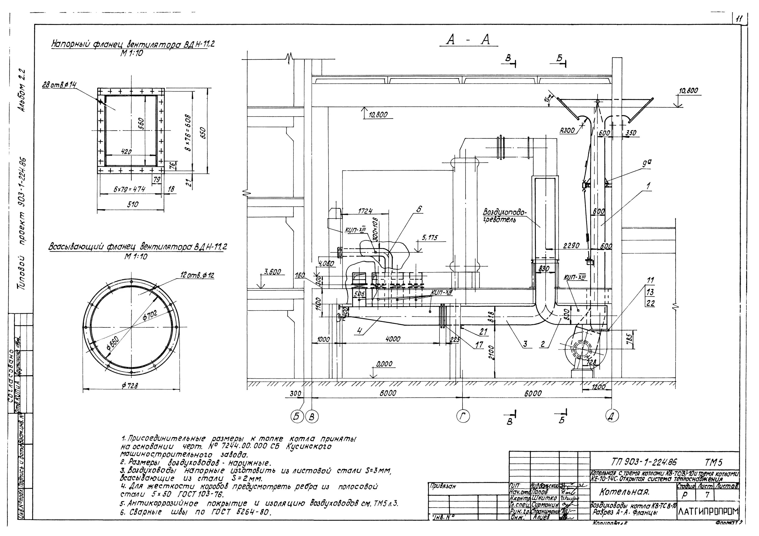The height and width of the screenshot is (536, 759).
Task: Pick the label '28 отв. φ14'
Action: (x=59, y=85)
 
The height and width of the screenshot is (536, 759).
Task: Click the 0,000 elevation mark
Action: (x=384, y=364)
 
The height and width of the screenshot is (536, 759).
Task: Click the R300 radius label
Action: (x=567, y=131)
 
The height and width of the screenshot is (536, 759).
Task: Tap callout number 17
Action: (x=479, y=345)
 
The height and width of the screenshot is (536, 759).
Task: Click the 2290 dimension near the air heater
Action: (x=571, y=246)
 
